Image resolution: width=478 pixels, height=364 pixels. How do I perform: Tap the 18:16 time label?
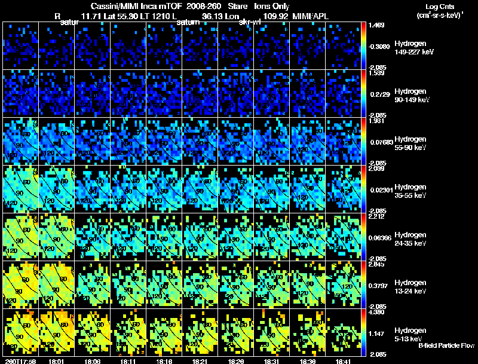[x=164, y=361]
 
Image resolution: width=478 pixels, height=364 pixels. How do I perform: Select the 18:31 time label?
[x=272, y=361]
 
